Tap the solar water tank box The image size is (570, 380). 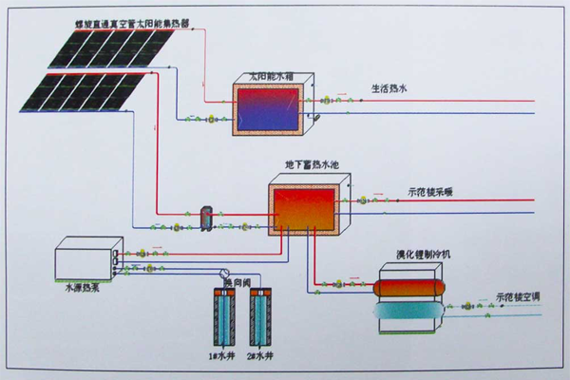pyautogui.click(x=270, y=107)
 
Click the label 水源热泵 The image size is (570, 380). pyautogui.click(x=79, y=283)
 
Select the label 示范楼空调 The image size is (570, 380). pyautogui.click(x=519, y=296)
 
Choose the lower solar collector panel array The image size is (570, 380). pyautogui.click(x=82, y=89)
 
